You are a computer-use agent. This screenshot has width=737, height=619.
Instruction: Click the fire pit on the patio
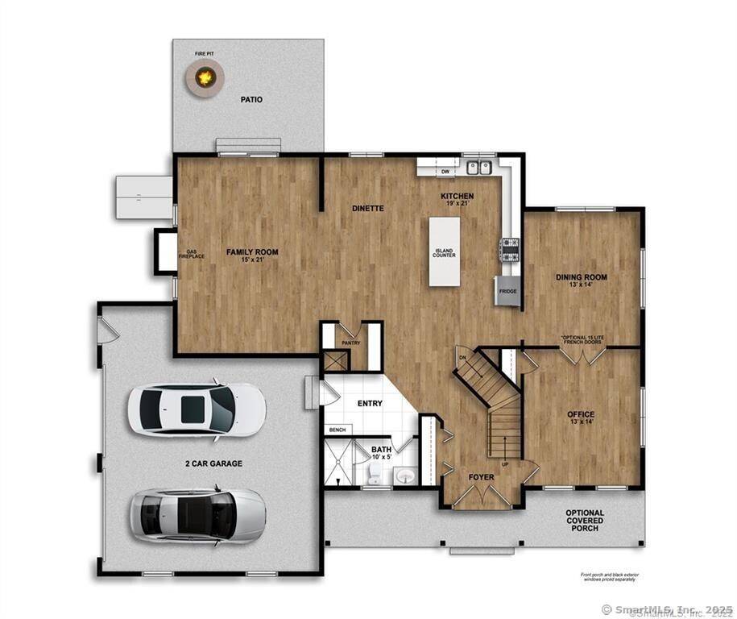click(205, 77)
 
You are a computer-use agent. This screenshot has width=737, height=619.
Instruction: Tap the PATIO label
click(251, 100)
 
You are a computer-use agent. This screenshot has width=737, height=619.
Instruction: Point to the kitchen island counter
click(444, 252)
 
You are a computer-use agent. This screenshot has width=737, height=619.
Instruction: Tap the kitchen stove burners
click(510, 249)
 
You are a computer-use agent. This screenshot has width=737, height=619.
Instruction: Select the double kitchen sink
click(479, 168)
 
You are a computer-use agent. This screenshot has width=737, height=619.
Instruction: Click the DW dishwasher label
click(445, 171)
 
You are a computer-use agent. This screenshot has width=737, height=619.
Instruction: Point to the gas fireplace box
click(167, 251)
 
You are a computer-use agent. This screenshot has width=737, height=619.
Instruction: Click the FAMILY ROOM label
click(251, 252)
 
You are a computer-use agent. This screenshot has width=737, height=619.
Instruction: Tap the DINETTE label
click(368, 209)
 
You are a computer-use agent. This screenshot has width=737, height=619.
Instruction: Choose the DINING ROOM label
click(581, 277)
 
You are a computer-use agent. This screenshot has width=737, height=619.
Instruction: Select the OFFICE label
click(580, 414)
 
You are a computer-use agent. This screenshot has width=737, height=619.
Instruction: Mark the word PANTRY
click(350, 343)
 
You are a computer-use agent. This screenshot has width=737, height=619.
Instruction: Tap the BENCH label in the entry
click(337, 430)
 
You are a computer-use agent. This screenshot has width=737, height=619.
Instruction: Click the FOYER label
click(481, 477)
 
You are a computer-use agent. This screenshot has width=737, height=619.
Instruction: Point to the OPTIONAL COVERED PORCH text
click(584, 520)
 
